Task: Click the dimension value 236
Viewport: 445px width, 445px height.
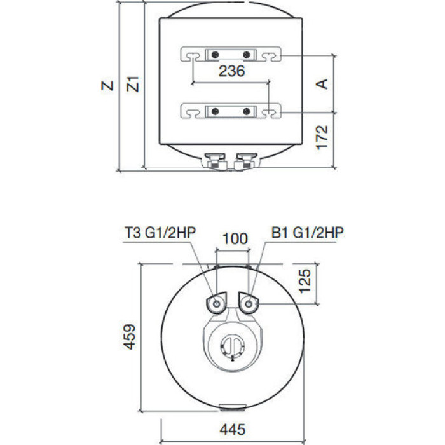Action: coord(231,71)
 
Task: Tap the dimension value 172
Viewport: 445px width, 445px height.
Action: coord(322,137)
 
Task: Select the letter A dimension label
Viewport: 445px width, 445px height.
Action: coord(322,84)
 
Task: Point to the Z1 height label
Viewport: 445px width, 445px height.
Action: coord(133,84)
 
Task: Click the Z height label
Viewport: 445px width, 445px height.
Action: coord(107,86)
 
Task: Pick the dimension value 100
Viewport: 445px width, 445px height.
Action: coord(235,238)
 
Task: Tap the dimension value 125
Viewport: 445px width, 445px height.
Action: coord(305,281)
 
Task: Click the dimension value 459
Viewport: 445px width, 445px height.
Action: coord(130,337)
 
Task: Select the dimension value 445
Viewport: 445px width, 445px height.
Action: coord(233,429)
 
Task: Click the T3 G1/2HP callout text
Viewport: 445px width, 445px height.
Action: coord(160,233)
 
